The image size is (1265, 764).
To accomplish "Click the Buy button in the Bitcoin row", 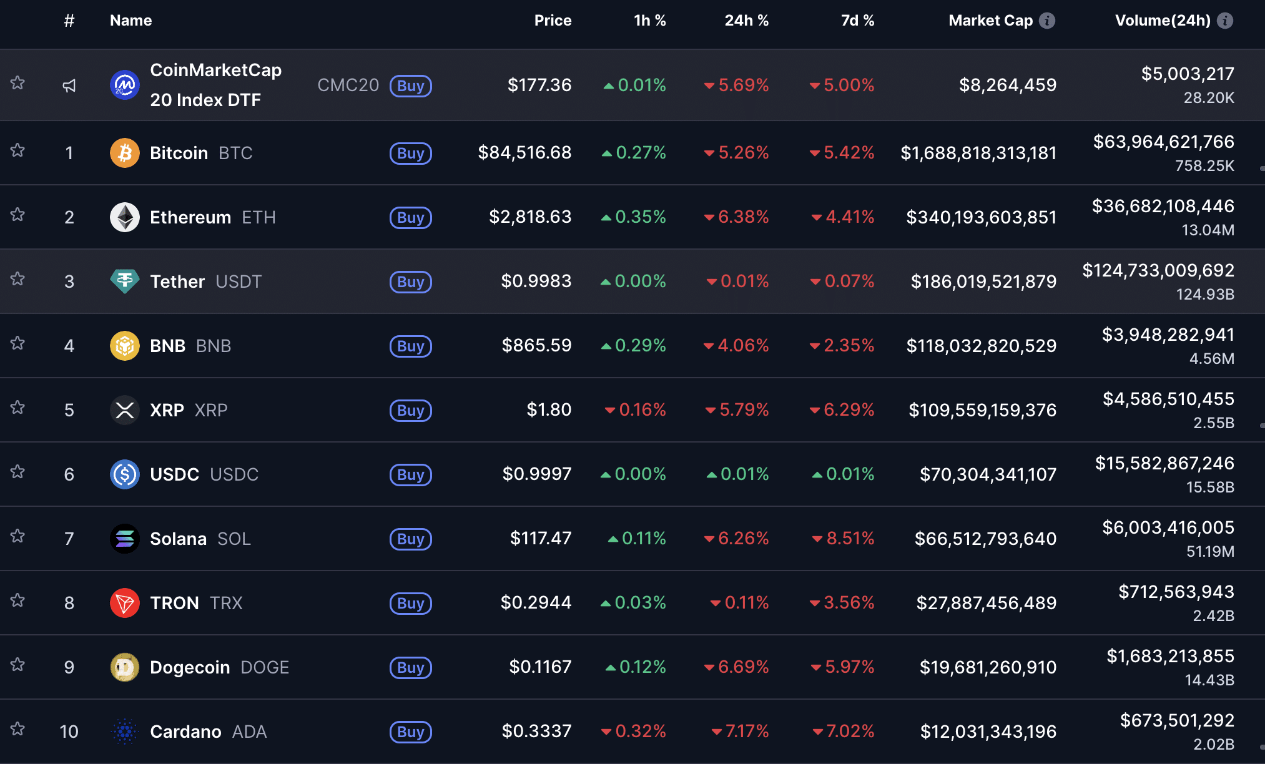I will coord(410,153).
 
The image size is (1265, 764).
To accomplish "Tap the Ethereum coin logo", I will coord(125,217).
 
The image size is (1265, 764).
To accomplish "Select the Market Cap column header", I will coord(990,21).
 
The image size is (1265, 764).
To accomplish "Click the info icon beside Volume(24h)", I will coord(1225,21).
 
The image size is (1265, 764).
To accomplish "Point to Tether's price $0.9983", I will coord(536,281).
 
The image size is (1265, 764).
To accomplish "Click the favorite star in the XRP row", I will coord(17,408).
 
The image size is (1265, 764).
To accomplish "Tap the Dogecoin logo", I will coord(125,667).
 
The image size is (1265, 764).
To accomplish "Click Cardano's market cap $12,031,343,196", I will coord(988,732).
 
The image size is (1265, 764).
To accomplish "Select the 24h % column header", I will coord(746,21).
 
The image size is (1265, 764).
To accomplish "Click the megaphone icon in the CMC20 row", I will coord(69,86).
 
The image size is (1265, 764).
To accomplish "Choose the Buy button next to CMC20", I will coord(410,86).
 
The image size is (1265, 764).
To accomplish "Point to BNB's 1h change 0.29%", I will coord(634,345).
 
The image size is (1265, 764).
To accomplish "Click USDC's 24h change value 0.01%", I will coord(738,474).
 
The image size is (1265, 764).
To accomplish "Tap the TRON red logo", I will coord(125,603).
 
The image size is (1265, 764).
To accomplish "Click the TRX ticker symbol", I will coord(226,603).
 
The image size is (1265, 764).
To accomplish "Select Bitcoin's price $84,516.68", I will coord(524,152).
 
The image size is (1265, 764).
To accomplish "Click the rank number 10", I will coord(69,732).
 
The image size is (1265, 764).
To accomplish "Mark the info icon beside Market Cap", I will coord(1047,21).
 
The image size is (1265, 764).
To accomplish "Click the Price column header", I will coord(553,21).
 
